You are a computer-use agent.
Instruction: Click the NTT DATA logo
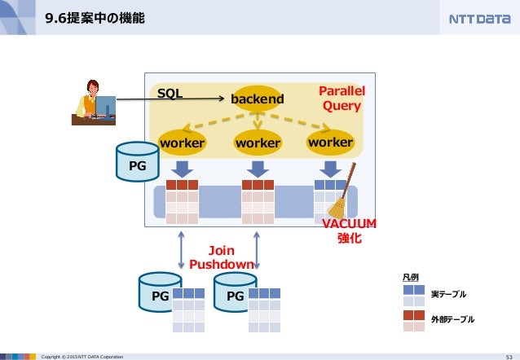(479, 19)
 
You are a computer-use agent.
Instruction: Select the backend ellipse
(258, 99)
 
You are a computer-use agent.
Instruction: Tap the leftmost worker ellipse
(182, 143)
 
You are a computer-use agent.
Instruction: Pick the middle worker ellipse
(258, 143)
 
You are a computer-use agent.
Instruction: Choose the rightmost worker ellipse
(330, 143)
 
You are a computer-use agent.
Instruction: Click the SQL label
(170, 93)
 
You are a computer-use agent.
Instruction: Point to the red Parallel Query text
(342, 99)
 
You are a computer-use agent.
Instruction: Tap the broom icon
(342, 191)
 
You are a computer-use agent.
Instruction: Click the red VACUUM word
(349, 224)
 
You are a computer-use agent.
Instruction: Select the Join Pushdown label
(222, 257)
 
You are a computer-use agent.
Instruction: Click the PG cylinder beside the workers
(137, 161)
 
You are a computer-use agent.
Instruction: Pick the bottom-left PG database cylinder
(161, 292)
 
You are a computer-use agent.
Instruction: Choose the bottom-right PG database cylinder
(235, 292)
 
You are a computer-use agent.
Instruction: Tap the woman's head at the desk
(93, 87)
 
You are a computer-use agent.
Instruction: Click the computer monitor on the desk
(105, 106)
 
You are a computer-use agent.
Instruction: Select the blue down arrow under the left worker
(182, 169)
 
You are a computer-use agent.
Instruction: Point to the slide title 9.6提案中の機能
(95, 18)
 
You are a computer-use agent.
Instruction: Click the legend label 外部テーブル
(452, 319)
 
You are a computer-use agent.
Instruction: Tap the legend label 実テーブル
(449, 294)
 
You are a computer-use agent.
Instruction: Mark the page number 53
(509, 357)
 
